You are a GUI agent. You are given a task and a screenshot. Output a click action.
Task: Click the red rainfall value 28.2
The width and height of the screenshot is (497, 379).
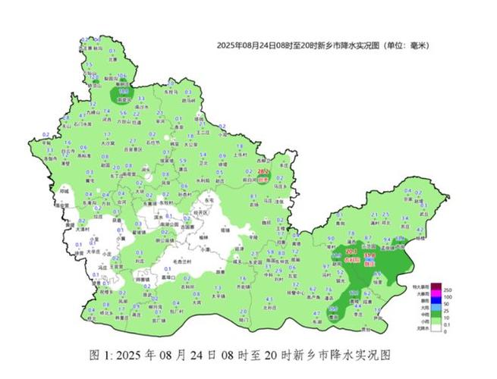pos(263,172)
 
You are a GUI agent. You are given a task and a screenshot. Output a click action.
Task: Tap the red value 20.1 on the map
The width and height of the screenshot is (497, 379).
pos(351,251)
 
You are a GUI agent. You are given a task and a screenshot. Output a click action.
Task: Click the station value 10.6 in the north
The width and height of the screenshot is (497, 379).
pos(122,77)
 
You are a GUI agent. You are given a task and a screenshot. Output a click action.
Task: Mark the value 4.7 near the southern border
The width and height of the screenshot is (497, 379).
pos(315,312)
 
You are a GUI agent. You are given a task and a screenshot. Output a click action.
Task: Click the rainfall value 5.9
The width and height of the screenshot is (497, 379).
pos(183,161)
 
